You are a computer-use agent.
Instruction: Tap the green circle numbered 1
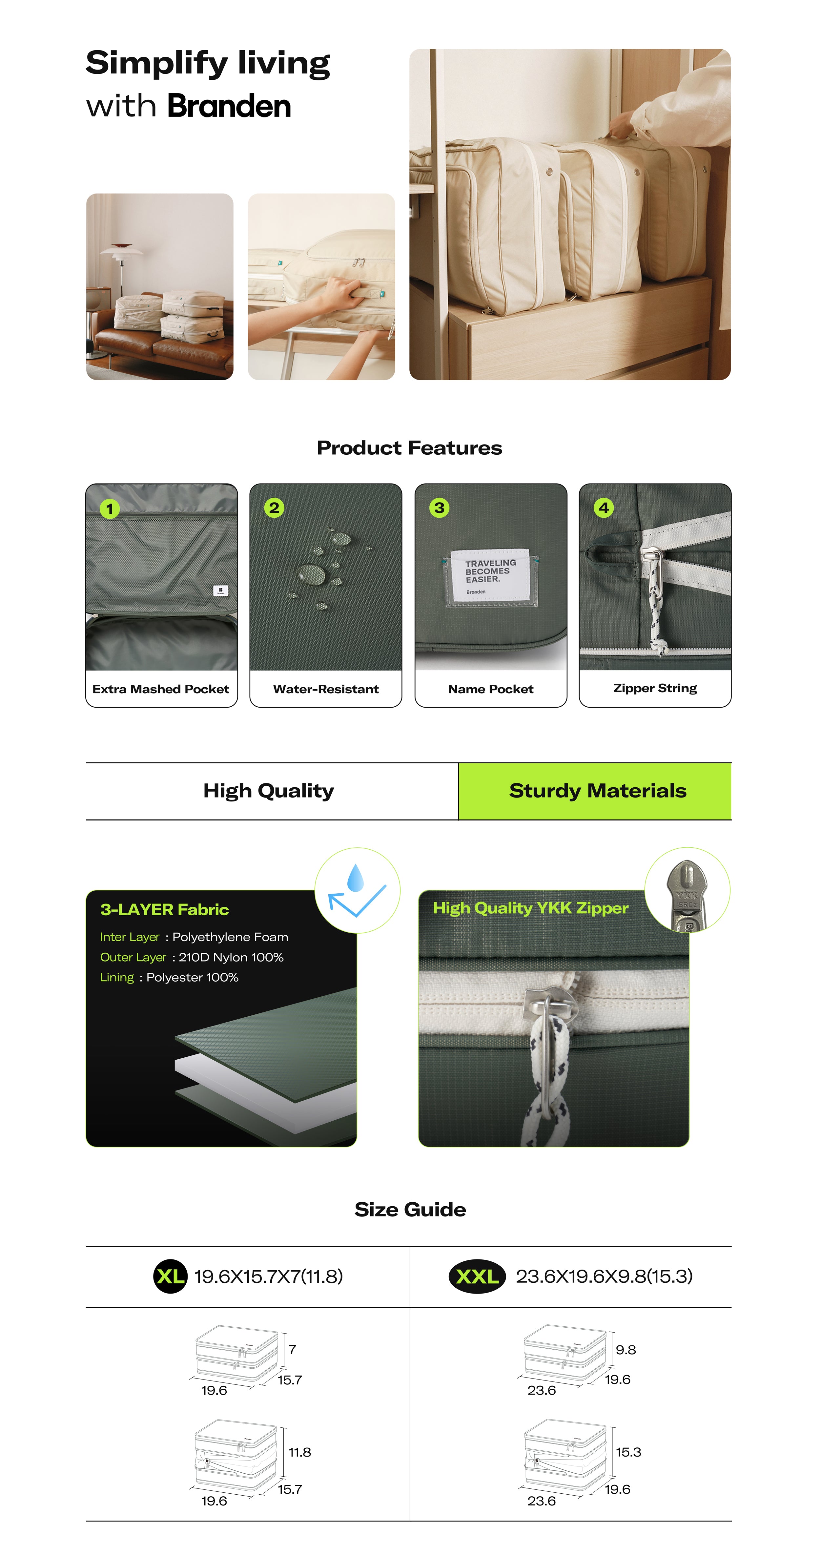click(109, 508)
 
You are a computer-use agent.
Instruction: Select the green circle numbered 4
click(603, 508)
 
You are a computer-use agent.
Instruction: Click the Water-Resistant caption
click(326, 689)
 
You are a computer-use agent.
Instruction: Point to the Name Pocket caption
click(491, 689)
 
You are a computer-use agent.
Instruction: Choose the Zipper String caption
click(655, 689)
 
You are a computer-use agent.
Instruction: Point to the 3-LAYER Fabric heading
click(164, 910)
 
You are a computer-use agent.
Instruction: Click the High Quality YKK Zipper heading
click(531, 908)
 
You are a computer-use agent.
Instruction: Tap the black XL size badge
click(170, 1276)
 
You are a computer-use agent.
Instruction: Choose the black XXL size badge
click(477, 1276)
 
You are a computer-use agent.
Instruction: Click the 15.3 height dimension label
click(628, 1452)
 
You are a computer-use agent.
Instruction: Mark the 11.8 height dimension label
click(299, 1452)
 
